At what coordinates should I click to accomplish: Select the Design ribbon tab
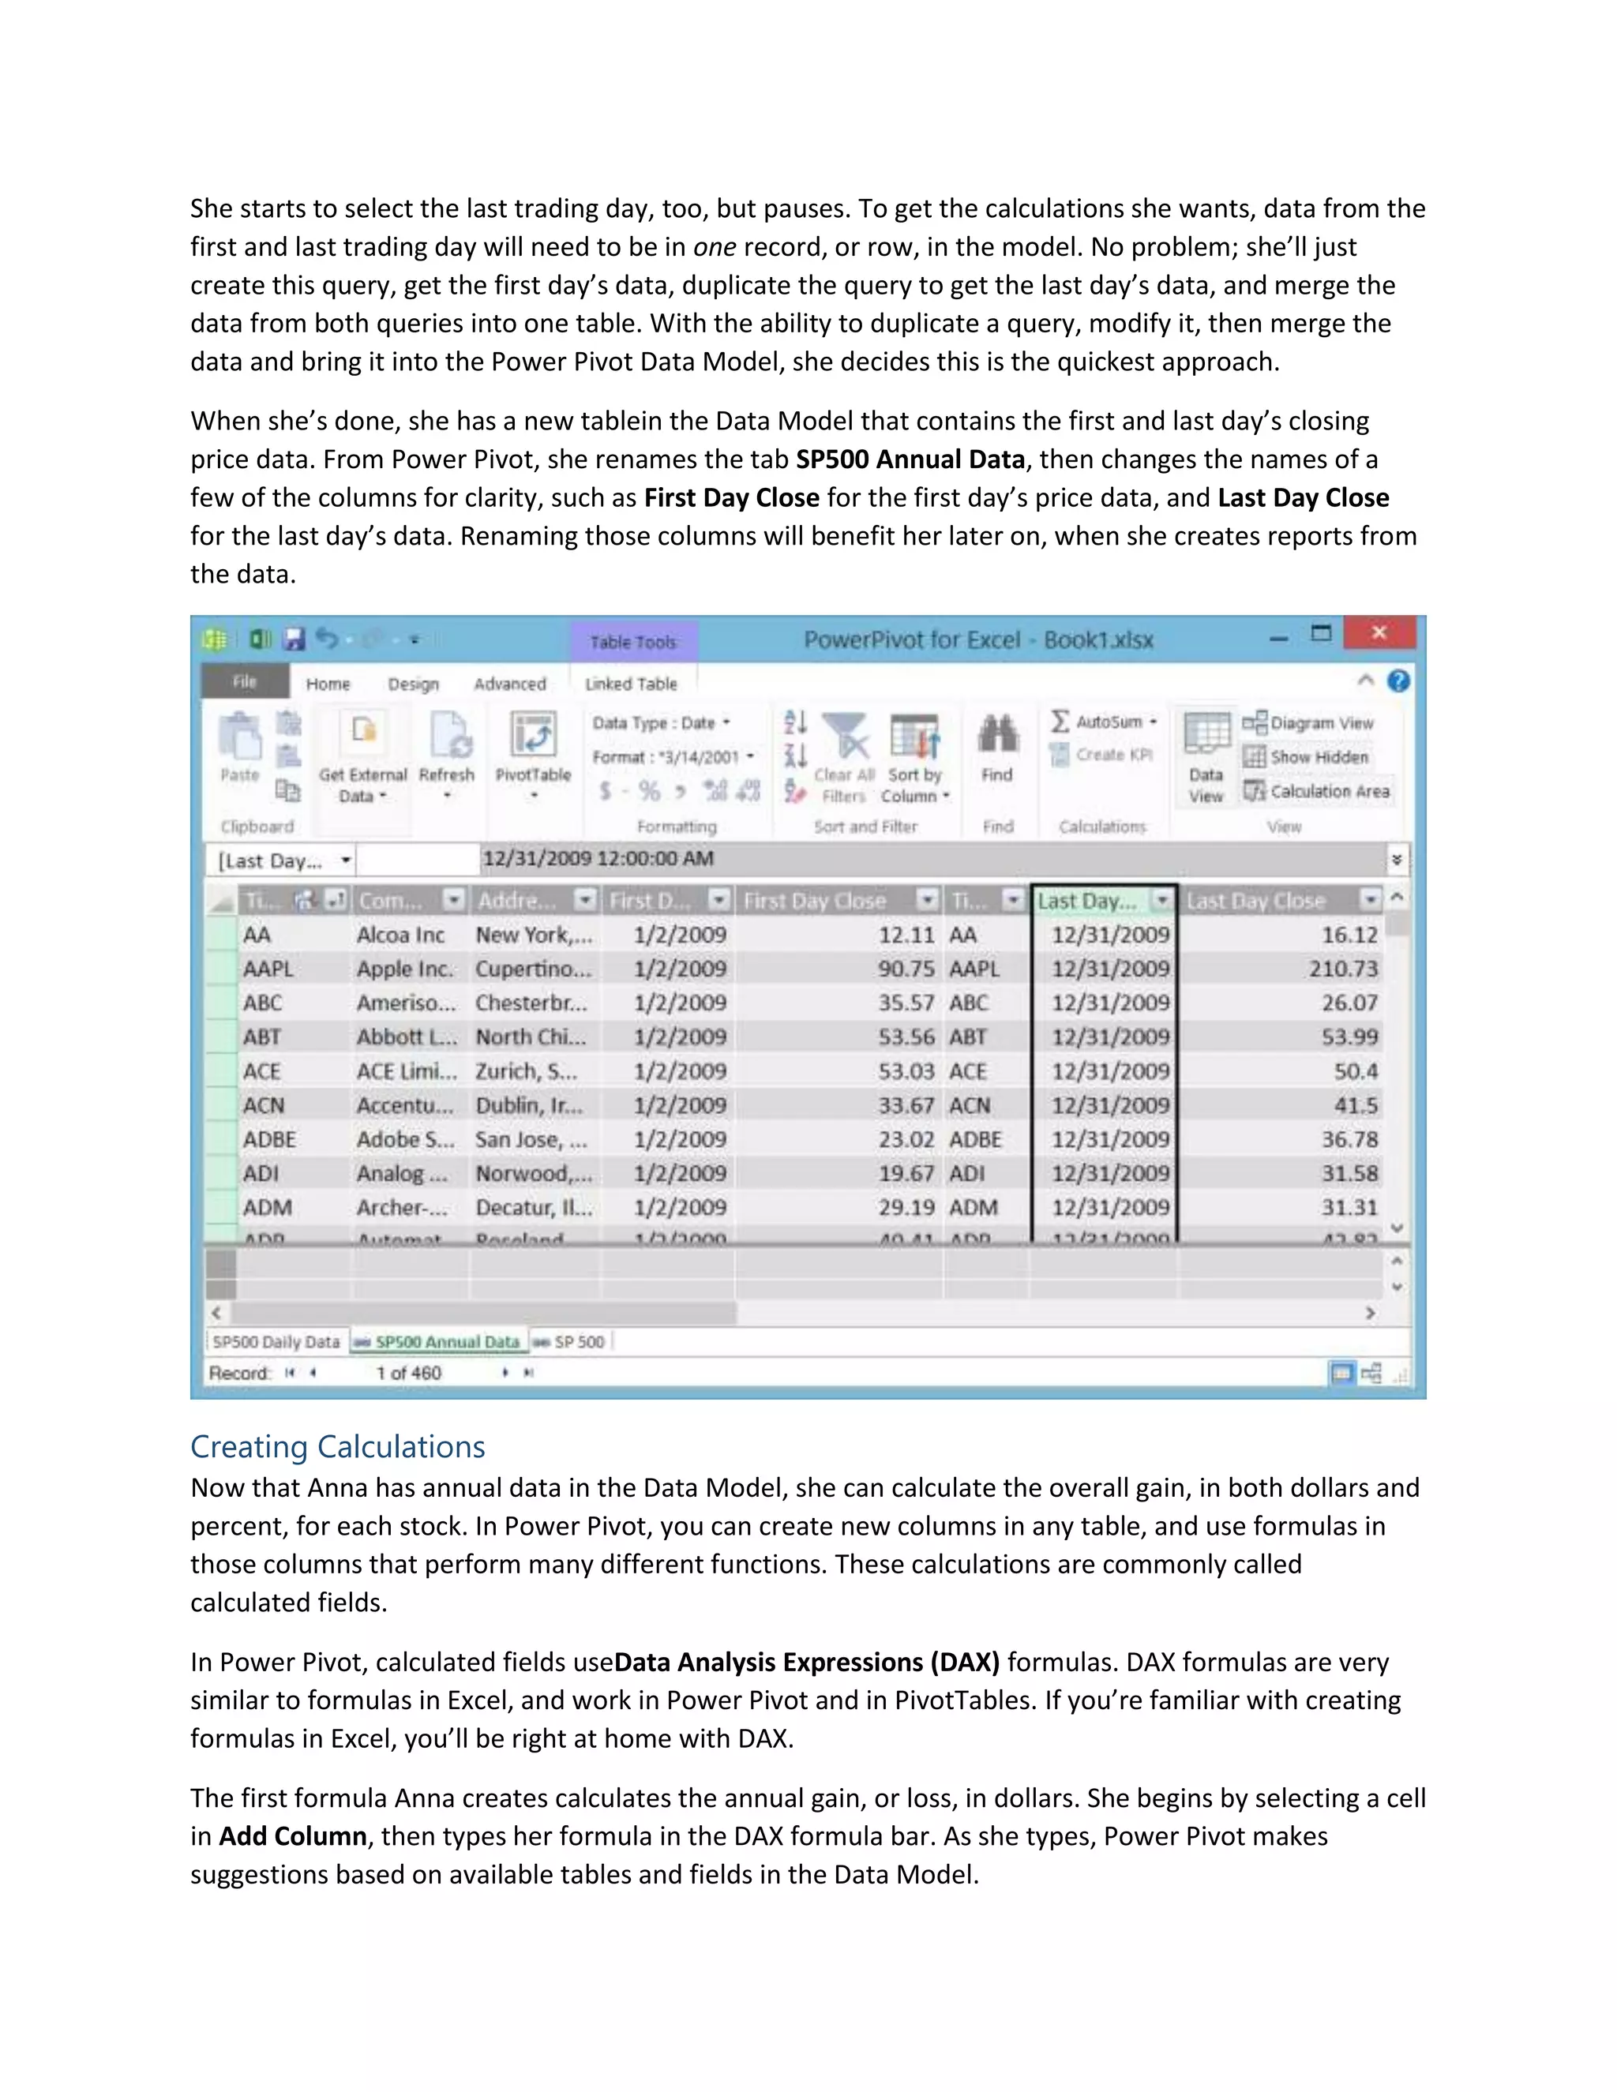click(x=413, y=684)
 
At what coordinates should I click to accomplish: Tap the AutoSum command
click(x=1104, y=722)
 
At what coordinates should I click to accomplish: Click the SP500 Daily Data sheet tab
click(x=276, y=1342)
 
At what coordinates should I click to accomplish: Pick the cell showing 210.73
click(x=1343, y=969)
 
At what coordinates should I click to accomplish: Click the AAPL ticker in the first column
click(x=268, y=969)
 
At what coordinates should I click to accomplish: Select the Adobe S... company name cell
click(x=405, y=1140)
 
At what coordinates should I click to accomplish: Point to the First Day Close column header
click(x=814, y=901)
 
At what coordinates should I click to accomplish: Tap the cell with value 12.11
click(x=906, y=935)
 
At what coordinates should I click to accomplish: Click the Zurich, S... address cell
click(x=527, y=1071)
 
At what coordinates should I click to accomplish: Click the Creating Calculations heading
click(x=337, y=1446)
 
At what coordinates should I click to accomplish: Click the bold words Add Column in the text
click(x=293, y=1836)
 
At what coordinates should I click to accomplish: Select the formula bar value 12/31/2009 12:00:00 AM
click(x=598, y=858)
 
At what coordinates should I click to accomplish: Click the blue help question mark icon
click(x=1398, y=681)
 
